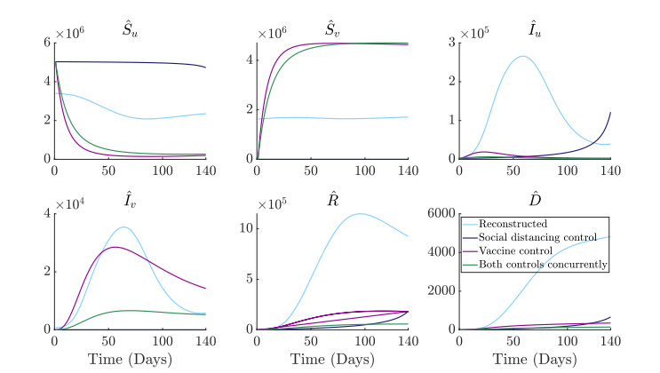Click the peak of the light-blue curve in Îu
522,57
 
